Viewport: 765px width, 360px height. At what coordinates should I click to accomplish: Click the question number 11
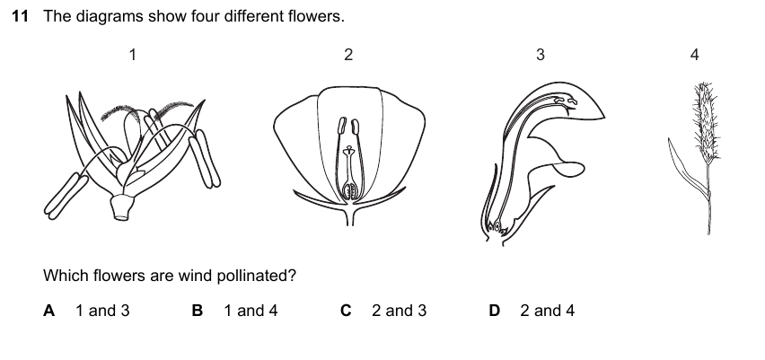click(20, 16)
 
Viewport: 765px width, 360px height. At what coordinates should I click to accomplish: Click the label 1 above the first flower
click(132, 55)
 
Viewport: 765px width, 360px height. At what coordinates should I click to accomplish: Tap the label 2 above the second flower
click(347, 55)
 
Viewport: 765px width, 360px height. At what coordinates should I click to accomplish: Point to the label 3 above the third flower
click(541, 55)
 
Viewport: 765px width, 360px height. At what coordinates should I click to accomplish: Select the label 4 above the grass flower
click(695, 55)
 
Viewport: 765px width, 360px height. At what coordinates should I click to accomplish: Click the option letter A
click(48, 311)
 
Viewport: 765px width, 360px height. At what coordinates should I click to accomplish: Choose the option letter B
click(198, 311)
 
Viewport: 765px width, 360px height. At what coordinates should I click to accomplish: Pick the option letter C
click(346, 311)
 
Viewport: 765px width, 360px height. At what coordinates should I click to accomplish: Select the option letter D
click(494, 311)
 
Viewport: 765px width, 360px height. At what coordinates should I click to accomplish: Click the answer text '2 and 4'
click(547, 311)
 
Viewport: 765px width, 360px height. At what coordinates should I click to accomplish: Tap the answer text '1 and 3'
click(102, 311)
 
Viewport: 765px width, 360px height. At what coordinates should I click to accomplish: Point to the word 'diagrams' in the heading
click(110, 16)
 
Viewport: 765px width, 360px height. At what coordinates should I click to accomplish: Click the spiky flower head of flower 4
click(707, 122)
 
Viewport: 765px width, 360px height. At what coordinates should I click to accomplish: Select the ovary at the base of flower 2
click(349, 190)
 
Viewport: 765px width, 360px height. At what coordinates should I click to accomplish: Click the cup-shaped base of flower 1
click(121, 206)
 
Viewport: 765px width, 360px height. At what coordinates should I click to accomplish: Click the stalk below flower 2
click(349, 215)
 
